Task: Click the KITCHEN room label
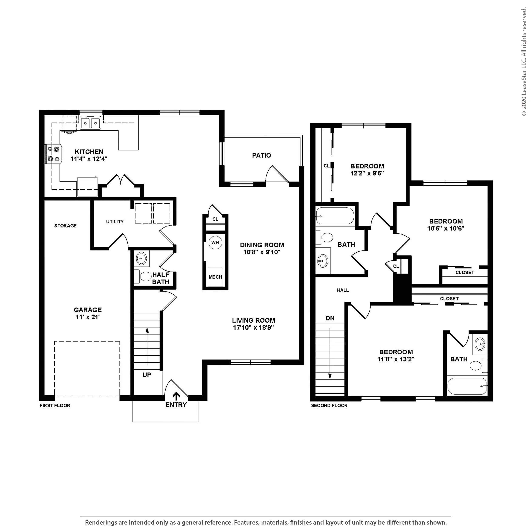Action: tap(89, 152)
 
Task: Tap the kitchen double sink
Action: tap(90, 123)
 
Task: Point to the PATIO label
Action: tap(261, 155)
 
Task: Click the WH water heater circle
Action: tap(215, 243)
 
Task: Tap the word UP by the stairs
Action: tap(147, 375)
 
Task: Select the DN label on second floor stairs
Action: tap(330, 318)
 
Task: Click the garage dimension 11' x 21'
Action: tap(87, 317)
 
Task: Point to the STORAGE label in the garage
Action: tap(65, 226)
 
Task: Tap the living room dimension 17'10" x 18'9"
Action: tap(253, 327)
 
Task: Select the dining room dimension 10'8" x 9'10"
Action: tap(262, 252)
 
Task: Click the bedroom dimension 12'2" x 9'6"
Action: tap(367, 173)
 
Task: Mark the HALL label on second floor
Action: tap(343, 290)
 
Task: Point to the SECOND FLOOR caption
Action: tap(329, 406)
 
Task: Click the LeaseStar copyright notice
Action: tap(524, 62)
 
